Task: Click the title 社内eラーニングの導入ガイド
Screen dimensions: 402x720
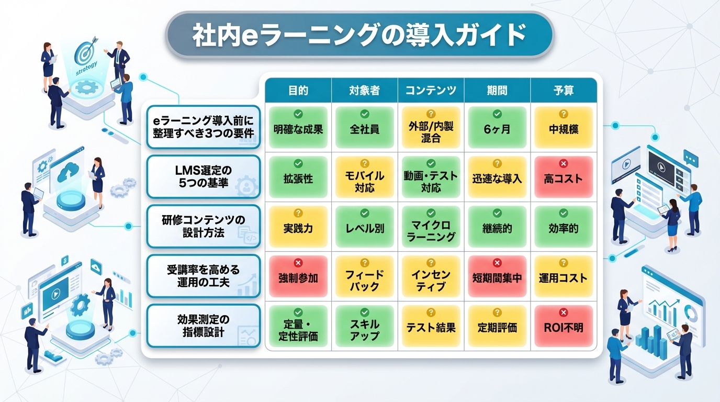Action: pyautogui.click(x=359, y=36)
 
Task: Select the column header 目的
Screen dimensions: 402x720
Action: pyautogui.click(x=298, y=90)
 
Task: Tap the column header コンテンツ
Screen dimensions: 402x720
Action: pyautogui.click(x=431, y=90)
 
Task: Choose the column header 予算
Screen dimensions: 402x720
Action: pyautogui.click(x=563, y=90)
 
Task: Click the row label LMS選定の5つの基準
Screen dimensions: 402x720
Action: pyautogui.click(x=203, y=176)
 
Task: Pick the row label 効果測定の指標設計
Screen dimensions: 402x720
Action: pyautogui.click(x=203, y=325)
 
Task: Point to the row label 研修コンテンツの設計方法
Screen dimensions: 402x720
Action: pyautogui.click(x=203, y=226)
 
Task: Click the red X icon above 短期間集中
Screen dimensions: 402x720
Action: pyautogui.click(x=497, y=263)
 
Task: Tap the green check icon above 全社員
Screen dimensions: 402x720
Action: pyautogui.click(x=364, y=114)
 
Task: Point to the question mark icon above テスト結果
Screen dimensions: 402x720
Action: pyautogui.click(x=431, y=312)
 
